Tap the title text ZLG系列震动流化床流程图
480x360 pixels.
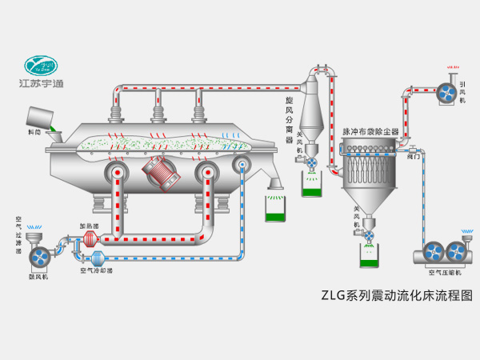click(395, 294)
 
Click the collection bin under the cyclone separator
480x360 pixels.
click(311, 184)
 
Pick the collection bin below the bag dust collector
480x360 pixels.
click(370, 257)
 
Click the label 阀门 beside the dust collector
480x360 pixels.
click(414, 157)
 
